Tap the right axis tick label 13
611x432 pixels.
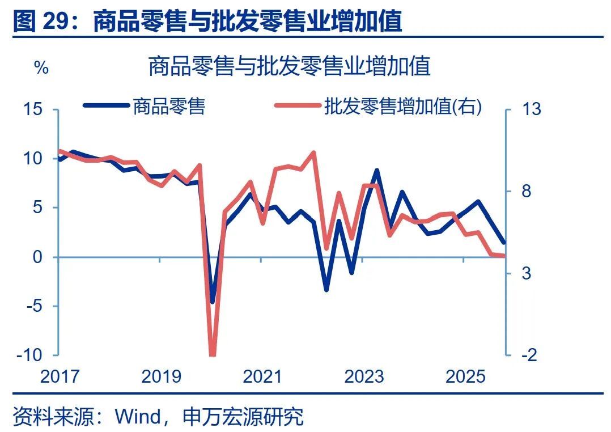[531, 108]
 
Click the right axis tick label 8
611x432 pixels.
[527, 191]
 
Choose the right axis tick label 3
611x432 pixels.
[527, 273]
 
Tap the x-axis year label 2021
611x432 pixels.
[262, 376]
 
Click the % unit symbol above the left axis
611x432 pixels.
[41, 69]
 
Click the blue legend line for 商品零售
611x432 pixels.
[106, 105]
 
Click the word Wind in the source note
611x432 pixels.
[138, 417]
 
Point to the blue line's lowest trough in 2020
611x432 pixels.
[213, 301]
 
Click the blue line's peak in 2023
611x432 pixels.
[376, 170]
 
